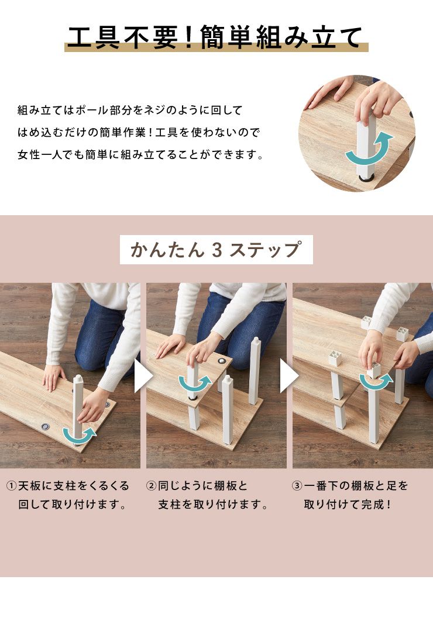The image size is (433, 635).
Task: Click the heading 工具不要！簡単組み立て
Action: point(216,38)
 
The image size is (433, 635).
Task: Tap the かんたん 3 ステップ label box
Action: point(216,250)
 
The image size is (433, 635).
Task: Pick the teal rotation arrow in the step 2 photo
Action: point(194,383)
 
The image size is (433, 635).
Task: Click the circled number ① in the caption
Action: point(11,486)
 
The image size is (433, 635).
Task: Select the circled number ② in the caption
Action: point(151,486)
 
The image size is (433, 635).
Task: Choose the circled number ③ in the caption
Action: point(297,486)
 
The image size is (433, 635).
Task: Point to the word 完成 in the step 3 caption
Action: point(372,505)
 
